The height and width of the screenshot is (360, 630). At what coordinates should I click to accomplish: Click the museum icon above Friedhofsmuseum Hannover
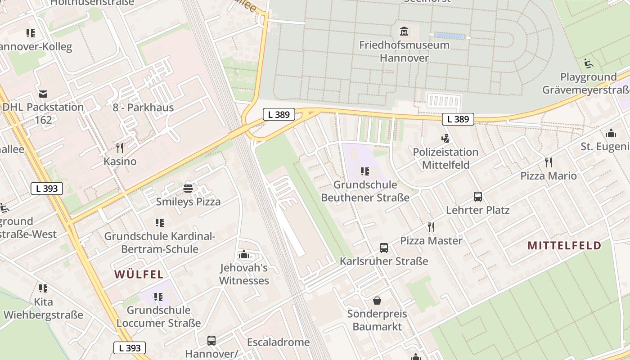404,31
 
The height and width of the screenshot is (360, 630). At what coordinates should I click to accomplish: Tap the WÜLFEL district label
139,274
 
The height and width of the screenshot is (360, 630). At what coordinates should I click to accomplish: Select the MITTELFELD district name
564,245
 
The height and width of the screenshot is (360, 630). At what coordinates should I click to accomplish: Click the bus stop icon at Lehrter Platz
478,197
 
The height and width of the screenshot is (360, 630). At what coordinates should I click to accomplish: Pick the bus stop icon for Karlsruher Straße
383,248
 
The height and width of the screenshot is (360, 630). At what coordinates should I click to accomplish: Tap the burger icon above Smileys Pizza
188,188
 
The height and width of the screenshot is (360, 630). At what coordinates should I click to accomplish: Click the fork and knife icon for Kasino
120,148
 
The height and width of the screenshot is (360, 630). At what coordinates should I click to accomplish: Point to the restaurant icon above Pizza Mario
548,162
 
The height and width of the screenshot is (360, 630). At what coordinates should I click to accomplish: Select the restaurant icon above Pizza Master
431,227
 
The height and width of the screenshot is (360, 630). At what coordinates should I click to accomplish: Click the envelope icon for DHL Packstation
43,94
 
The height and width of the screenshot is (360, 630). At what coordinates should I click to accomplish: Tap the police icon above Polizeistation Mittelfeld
445,139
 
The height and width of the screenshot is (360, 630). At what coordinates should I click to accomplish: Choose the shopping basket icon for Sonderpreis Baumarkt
377,300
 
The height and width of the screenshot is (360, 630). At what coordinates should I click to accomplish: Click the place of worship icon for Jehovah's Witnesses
244,255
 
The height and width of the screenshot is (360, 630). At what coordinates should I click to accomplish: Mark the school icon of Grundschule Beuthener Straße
365,171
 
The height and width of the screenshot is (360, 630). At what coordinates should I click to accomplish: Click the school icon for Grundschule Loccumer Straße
158,297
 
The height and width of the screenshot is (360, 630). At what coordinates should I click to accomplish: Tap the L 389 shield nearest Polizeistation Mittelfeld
458,119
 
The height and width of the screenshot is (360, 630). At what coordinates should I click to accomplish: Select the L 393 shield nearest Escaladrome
130,348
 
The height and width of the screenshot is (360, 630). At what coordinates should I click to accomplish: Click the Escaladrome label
278,342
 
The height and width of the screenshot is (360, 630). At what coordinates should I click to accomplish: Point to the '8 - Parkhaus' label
143,108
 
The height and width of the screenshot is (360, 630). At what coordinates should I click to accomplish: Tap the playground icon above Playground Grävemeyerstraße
589,63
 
